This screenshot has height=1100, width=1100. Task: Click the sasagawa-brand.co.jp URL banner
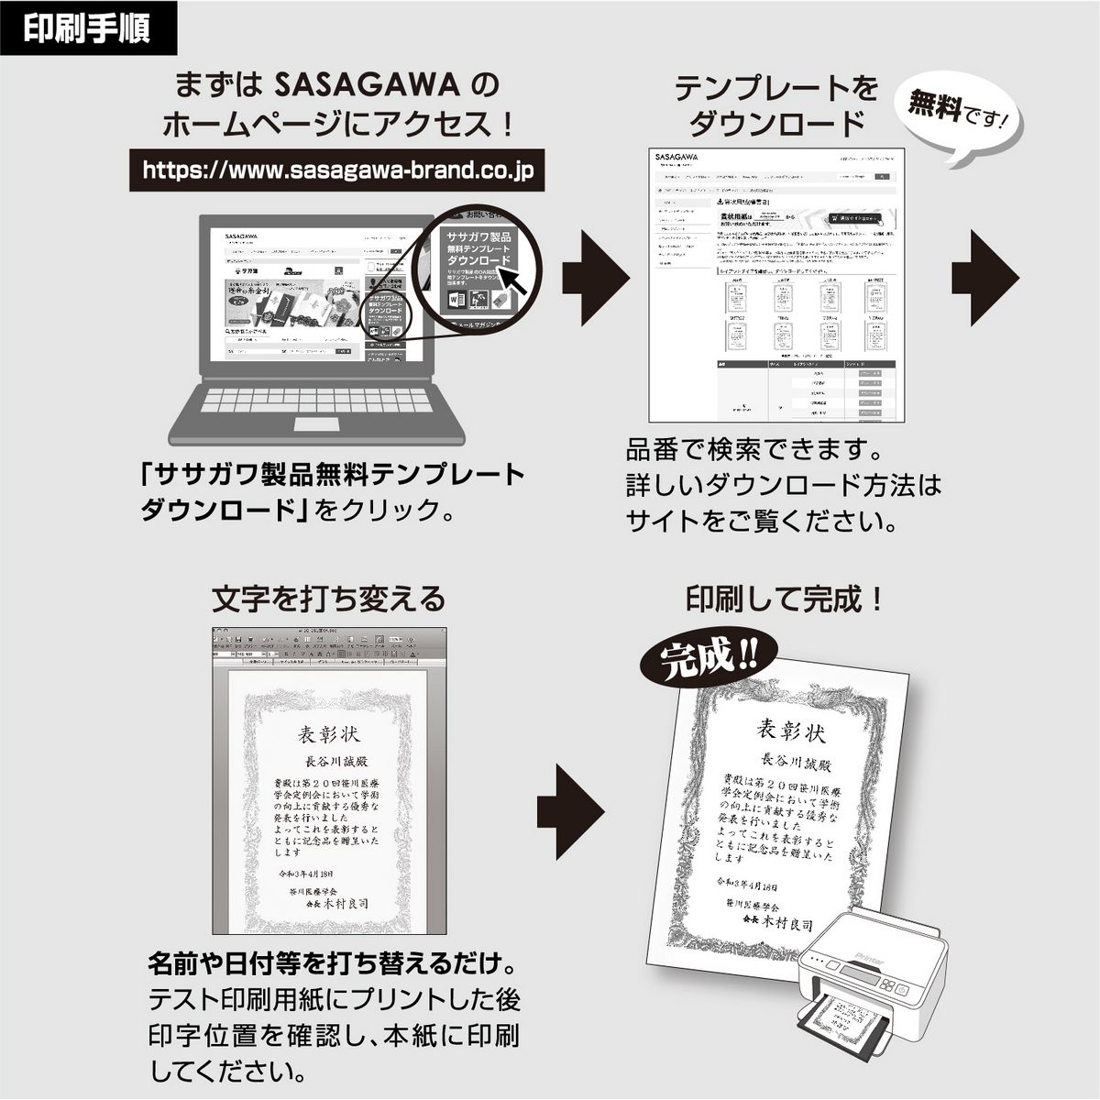coord(338,170)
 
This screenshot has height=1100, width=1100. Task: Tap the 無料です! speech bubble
coord(962,115)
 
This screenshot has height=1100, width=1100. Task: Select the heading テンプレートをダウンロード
coord(775,104)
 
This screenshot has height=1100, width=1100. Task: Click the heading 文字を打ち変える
coord(328,599)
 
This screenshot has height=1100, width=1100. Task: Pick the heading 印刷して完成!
coord(786,599)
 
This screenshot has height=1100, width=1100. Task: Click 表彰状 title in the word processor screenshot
coord(329,735)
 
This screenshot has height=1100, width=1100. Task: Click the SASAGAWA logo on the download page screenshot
coord(678,157)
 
